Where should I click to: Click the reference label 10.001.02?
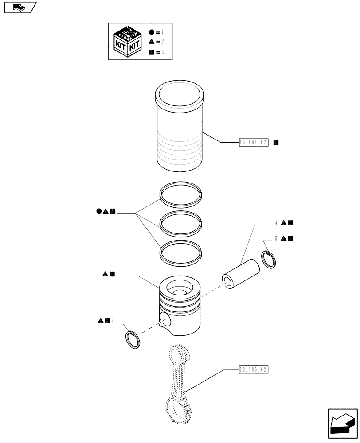click(254, 143)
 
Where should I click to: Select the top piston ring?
click(181, 194)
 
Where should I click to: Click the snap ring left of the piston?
click(132, 340)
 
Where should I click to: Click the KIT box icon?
click(128, 42)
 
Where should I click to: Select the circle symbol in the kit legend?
click(151, 33)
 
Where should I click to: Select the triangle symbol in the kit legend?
click(151, 42)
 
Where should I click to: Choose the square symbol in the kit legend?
click(151, 52)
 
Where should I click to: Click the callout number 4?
click(276, 223)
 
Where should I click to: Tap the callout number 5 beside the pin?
click(276, 238)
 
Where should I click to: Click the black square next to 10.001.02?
click(276, 143)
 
